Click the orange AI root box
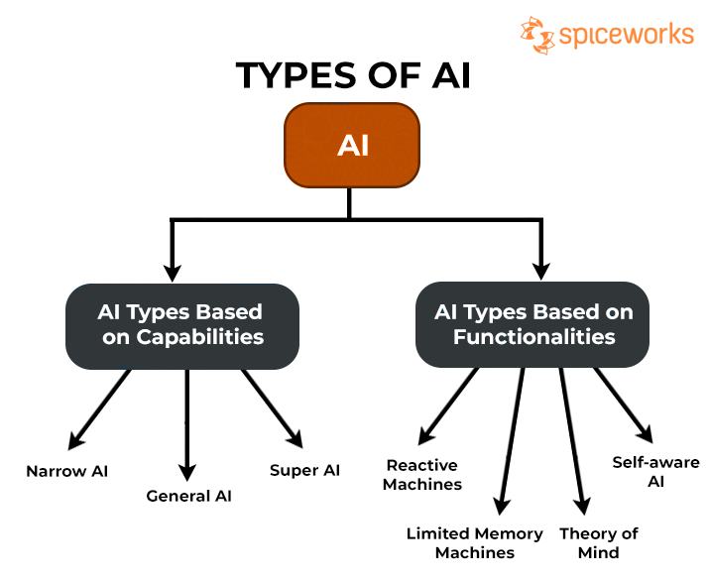click(352, 146)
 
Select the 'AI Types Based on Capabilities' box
click(181, 324)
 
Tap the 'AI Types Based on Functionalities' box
click(533, 324)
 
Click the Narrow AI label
click(67, 471)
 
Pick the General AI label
click(188, 495)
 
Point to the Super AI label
click(304, 470)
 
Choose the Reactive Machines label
click(423, 475)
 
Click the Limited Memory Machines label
click(474, 542)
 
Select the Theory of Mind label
click(598, 542)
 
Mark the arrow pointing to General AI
click(187, 421)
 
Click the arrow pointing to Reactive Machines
click(448, 405)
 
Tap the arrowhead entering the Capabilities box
click(172, 270)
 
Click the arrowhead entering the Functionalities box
click(540, 270)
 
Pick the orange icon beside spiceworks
click(535, 34)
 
